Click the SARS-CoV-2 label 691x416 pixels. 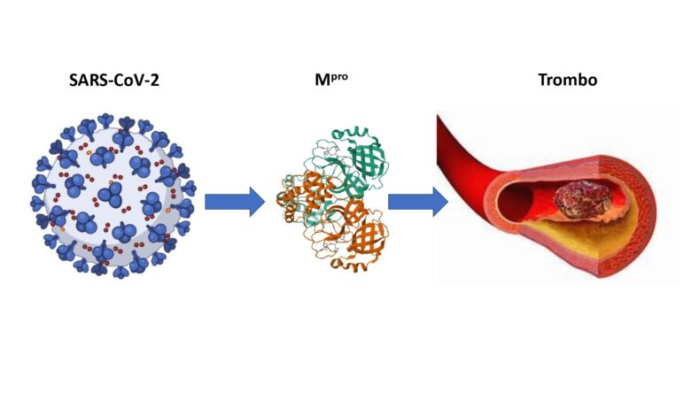(x=114, y=81)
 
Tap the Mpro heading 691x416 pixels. (x=331, y=80)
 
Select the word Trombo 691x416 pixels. (x=568, y=80)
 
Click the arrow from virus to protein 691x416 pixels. (x=235, y=202)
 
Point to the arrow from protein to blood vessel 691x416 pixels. (x=418, y=202)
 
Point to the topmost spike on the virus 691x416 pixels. (x=105, y=120)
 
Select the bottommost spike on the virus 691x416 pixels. (x=120, y=272)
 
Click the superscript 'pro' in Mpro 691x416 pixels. (x=339, y=78)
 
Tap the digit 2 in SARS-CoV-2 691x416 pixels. (x=155, y=81)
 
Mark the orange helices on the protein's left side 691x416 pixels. (x=294, y=194)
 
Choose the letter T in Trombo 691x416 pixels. (x=543, y=80)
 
